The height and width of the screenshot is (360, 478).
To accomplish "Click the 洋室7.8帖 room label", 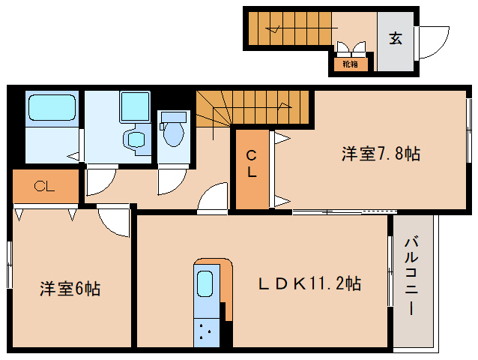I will click(381, 154).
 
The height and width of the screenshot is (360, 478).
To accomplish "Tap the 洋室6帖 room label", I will click(70, 289).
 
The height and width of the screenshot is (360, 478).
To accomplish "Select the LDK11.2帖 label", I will click(310, 284).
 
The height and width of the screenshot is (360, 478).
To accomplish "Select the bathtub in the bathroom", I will click(52, 108).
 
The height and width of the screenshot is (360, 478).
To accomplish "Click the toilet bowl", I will click(173, 131).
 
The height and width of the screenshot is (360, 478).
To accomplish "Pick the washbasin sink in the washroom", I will click(135, 139).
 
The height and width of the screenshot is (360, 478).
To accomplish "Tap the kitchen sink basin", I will click(204, 286).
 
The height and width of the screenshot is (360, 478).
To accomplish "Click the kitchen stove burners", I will click(204, 330).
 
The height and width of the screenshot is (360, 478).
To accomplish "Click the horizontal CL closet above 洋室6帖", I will click(45, 187).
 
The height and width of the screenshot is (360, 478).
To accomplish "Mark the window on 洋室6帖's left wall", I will click(10, 264).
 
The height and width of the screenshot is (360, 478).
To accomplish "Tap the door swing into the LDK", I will click(214, 199).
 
